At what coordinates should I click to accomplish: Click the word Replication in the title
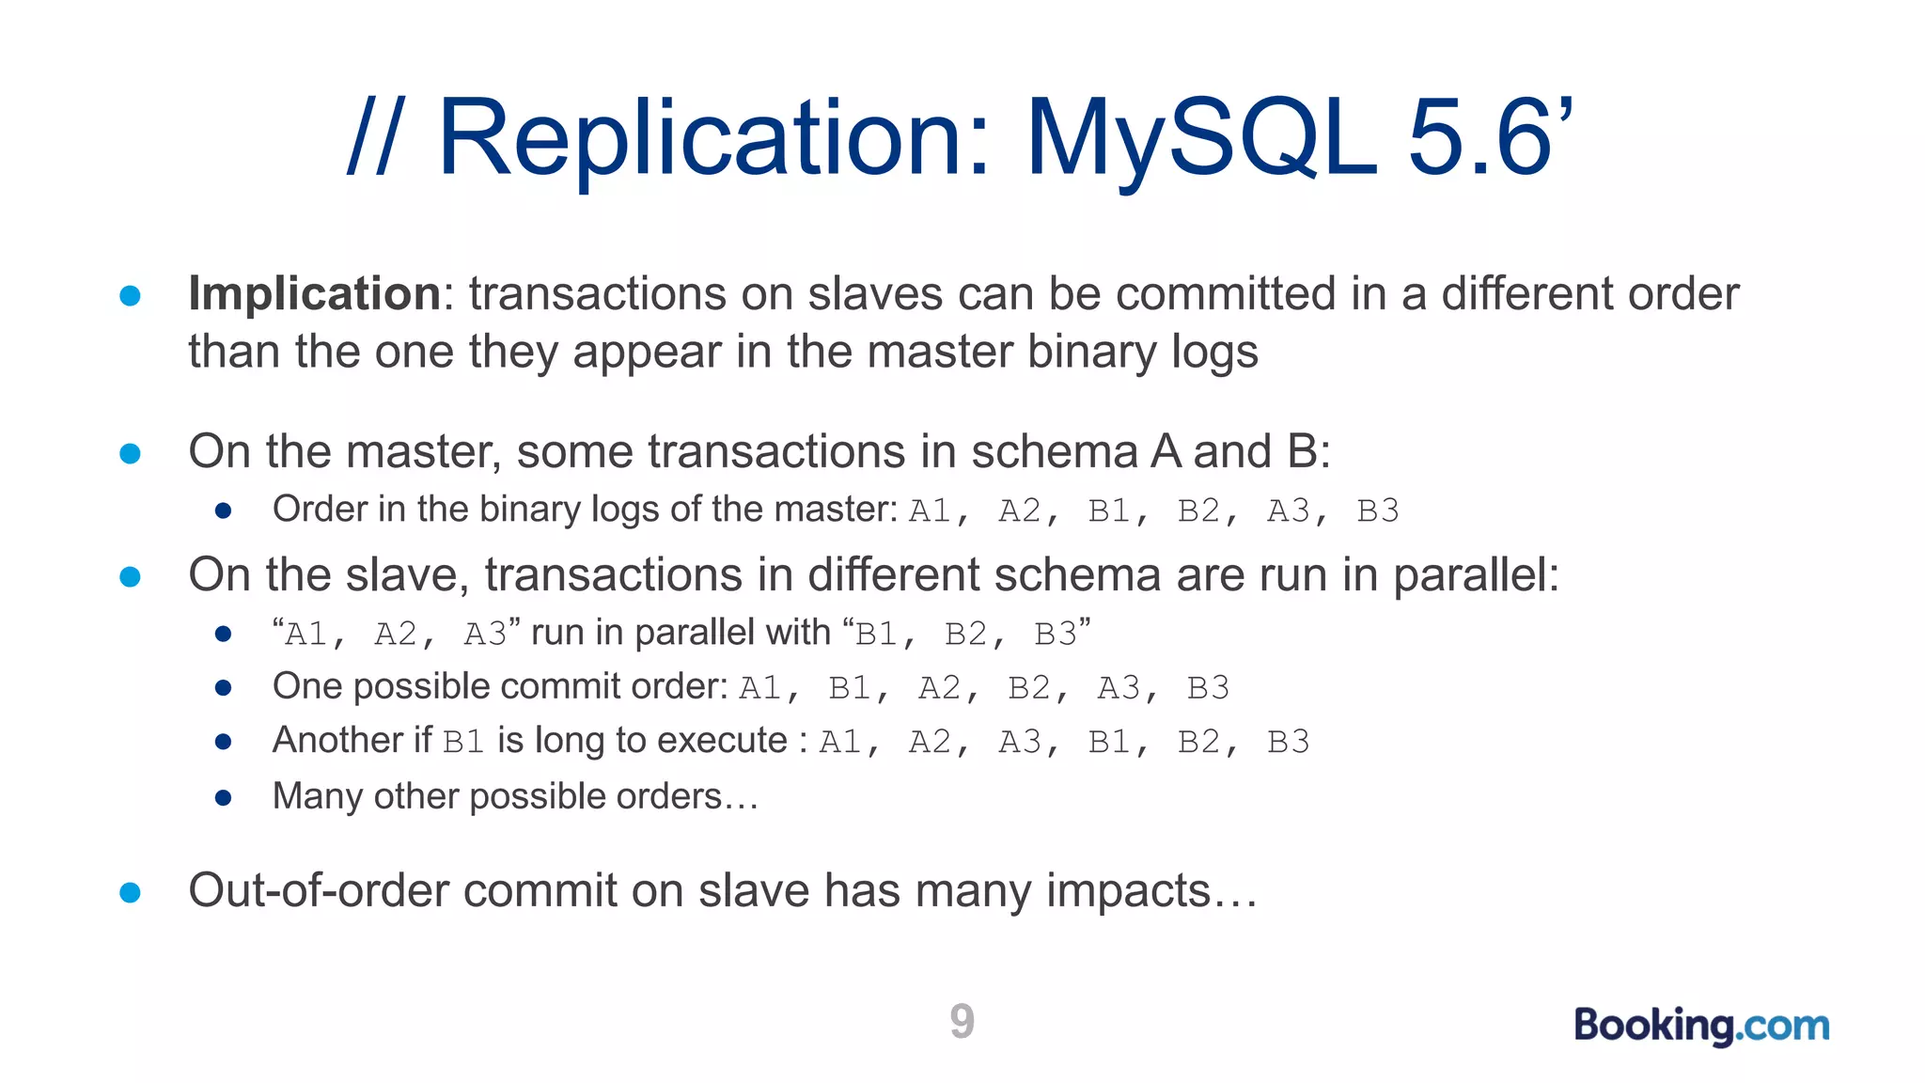pyautogui.click(x=714, y=138)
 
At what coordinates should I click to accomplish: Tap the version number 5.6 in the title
pyautogui.click(x=1479, y=138)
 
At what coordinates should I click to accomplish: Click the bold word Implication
pyautogui.click(x=314, y=293)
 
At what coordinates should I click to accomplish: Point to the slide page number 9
pyautogui.click(x=962, y=1021)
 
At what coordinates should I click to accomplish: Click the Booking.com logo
pyautogui.click(x=1701, y=1025)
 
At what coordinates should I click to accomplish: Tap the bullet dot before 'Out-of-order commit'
pyautogui.click(x=131, y=892)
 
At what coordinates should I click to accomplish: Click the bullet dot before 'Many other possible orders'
pyautogui.click(x=224, y=798)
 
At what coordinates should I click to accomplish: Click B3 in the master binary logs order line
pyautogui.click(x=1378, y=510)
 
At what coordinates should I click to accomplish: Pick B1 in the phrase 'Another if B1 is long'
pyautogui.click(x=463, y=742)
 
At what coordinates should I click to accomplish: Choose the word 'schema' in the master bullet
pyautogui.click(x=1053, y=451)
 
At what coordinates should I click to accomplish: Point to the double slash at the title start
pyautogui.click(x=373, y=138)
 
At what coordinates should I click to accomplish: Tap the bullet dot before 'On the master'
pyautogui.click(x=131, y=454)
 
